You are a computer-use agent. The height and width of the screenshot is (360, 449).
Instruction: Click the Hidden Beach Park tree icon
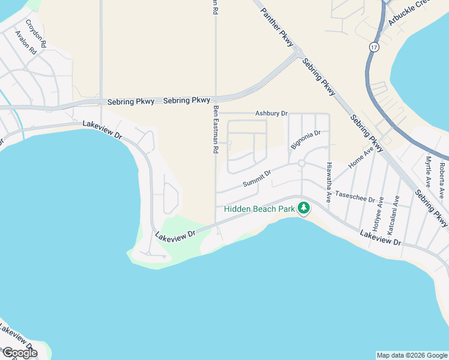tap(304, 208)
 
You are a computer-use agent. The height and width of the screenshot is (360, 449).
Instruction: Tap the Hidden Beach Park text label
tap(259, 209)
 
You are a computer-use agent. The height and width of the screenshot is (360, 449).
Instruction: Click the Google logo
tap(19, 353)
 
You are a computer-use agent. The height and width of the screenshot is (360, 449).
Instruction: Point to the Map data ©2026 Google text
tap(412, 355)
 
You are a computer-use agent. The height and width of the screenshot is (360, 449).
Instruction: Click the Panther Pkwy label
tap(277, 26)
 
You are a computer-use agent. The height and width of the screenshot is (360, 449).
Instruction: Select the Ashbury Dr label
tap(271, 113)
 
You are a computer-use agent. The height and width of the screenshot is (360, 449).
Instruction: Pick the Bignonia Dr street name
tap(306, 140)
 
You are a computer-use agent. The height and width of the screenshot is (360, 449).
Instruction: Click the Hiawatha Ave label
tap(329, 181)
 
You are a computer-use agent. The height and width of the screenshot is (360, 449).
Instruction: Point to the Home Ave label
tap(361, 157)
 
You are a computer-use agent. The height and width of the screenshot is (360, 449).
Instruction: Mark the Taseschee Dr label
tap(355, 196)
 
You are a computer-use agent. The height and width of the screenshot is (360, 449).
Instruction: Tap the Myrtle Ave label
tap(428, 172)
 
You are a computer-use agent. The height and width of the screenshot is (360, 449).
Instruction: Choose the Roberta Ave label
tap(442, 180)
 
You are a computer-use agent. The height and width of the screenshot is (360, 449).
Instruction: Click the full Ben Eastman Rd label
tap(215, 128)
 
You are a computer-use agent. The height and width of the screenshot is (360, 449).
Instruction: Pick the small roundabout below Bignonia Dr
tap(302, 163)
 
